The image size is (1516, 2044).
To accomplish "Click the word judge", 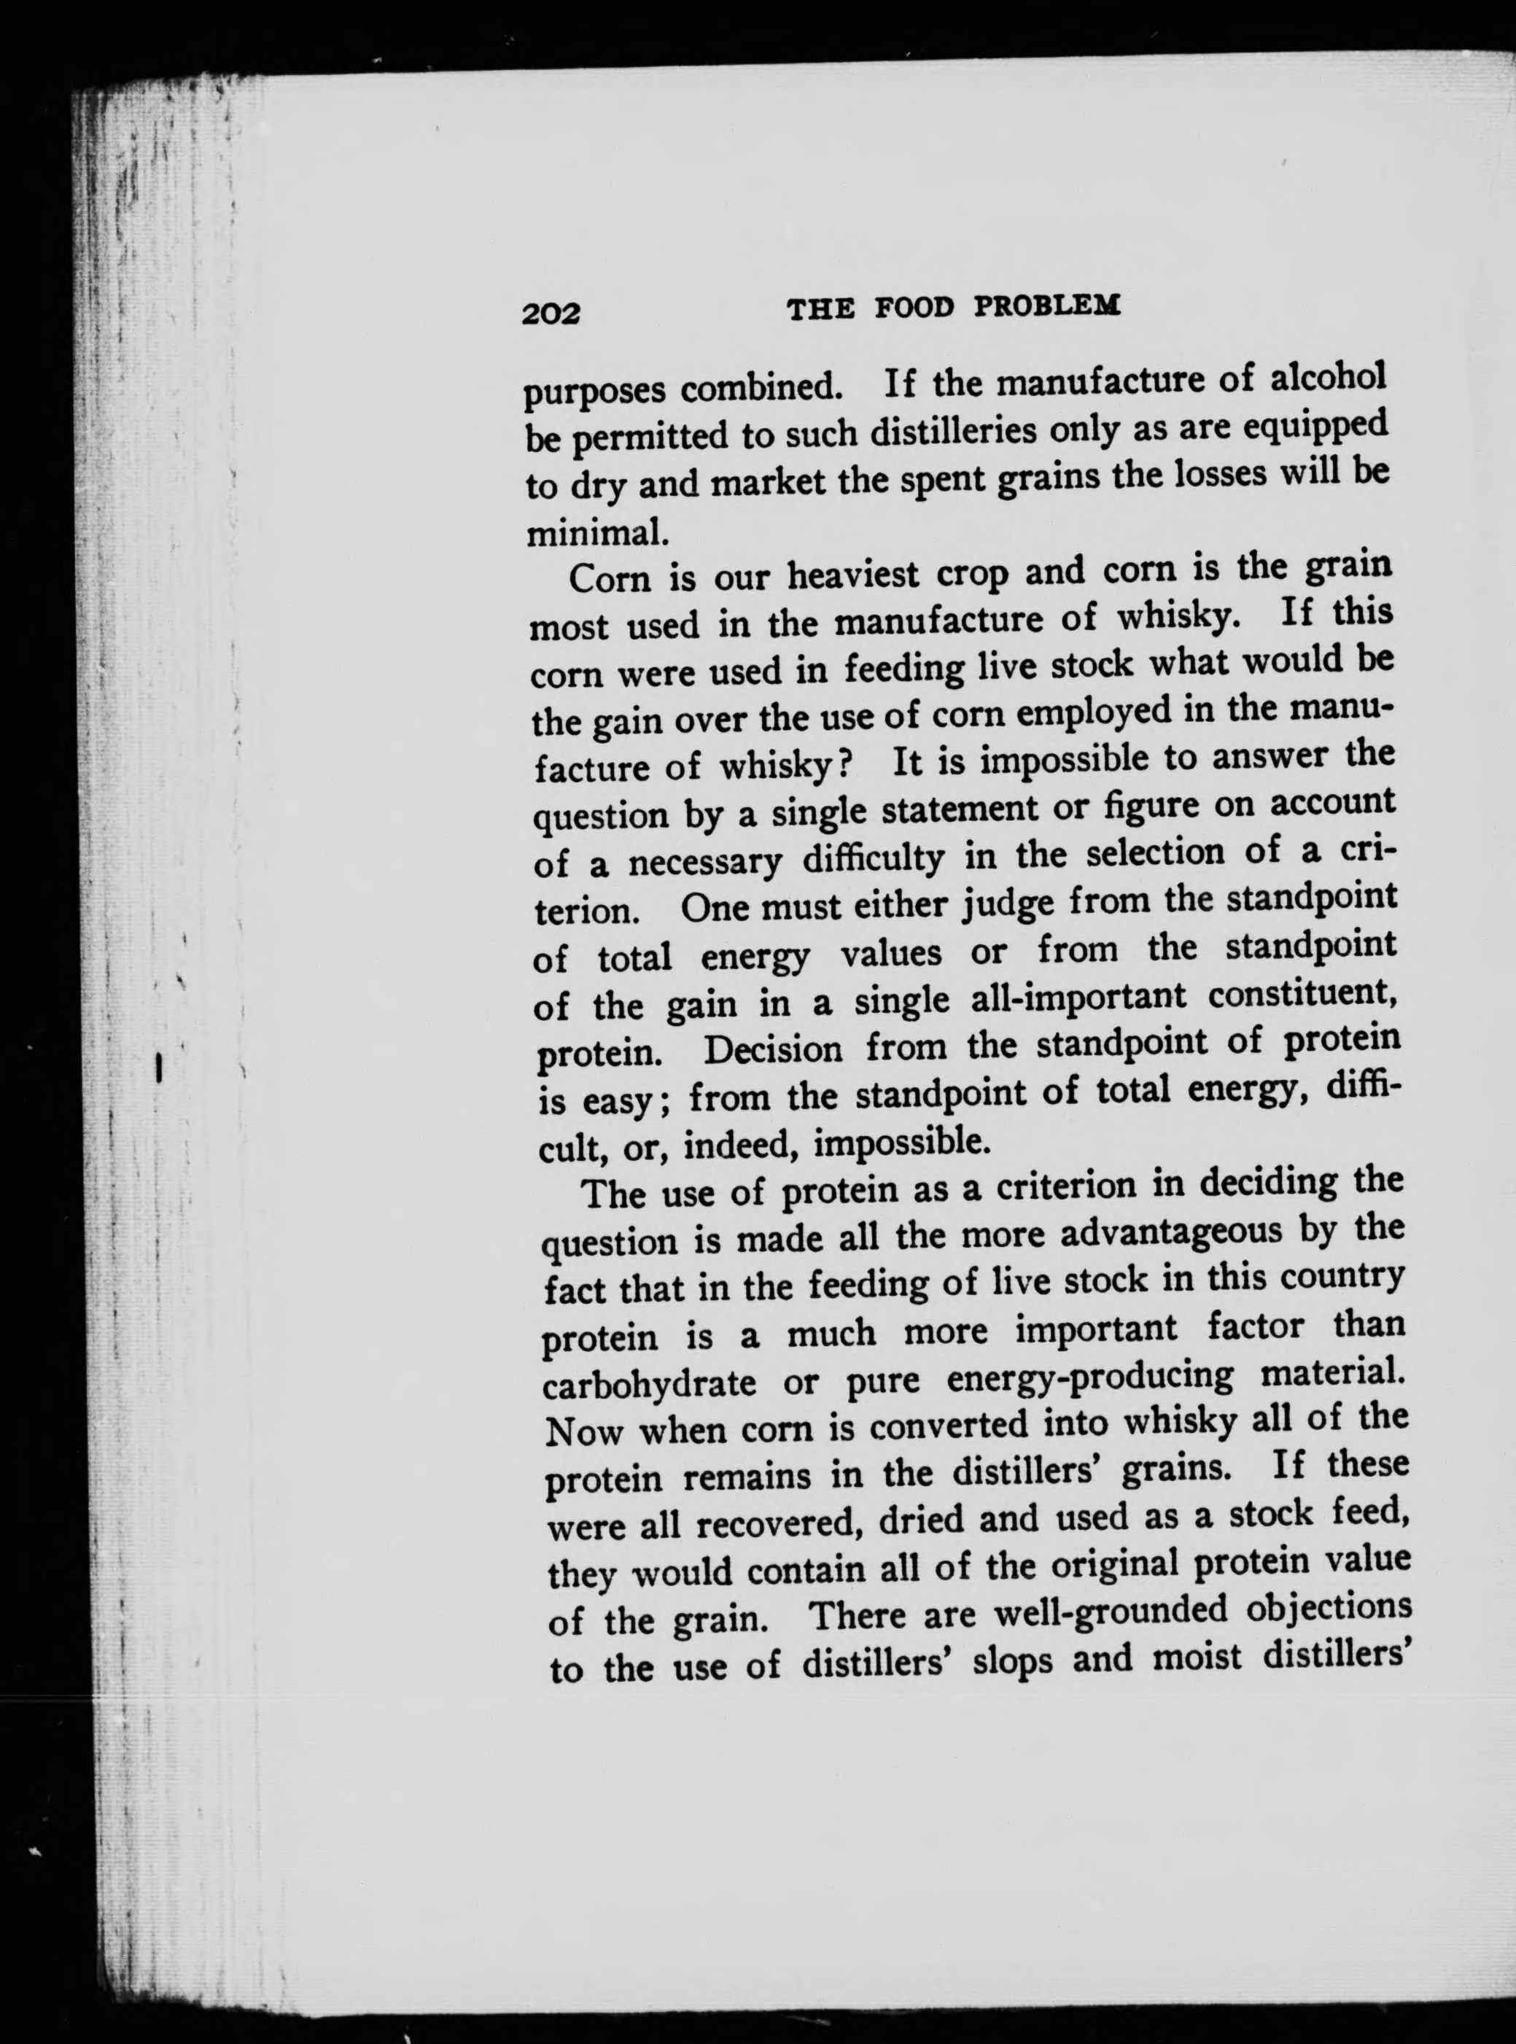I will coord(1008,904).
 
